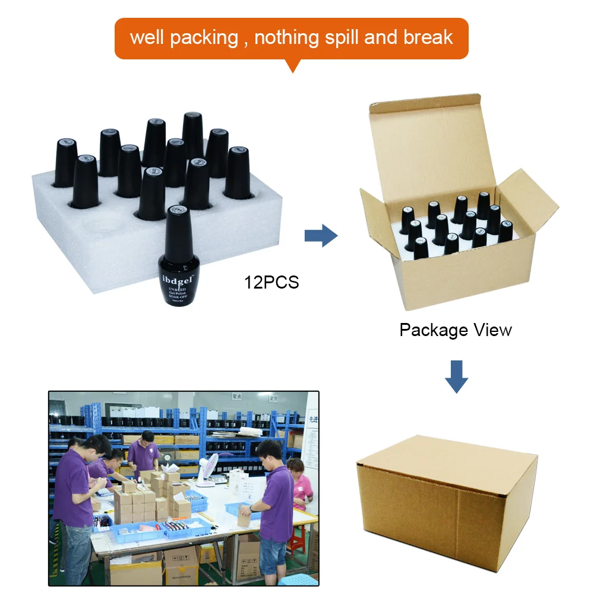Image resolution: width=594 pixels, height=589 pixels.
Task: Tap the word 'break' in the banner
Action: (428, 37)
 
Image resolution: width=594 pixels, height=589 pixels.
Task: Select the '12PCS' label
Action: (271, 282)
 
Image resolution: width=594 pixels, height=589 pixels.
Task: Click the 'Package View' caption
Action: (456, 330)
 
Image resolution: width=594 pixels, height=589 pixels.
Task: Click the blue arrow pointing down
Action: (456, 376)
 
